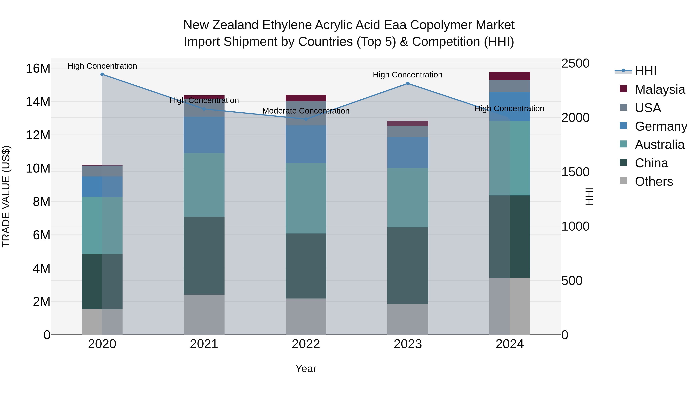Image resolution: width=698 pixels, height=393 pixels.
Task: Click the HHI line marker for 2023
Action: [x=408, y=83]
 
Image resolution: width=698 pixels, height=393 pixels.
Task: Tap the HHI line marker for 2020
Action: [x=102, y=74]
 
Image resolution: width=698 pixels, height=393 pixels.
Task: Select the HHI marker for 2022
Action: [x=306, y=119]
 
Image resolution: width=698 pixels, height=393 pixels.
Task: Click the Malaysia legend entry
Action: [x=660, y=89]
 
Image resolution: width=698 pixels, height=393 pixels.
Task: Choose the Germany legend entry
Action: [x=661, y=126]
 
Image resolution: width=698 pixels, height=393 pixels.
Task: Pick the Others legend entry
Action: [x=654, y=181]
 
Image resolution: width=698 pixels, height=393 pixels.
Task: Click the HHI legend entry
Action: [x=645, y=71]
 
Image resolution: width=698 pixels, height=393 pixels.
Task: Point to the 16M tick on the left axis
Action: [x=38, y=68]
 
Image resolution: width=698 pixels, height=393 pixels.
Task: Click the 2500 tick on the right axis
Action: [x=575, y=63]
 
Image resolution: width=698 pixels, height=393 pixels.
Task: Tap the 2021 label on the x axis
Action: [x=204, y=344]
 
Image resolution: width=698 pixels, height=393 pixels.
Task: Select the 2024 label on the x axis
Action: [x=510, y=344]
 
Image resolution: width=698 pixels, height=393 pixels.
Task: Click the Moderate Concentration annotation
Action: [x=306, y=111]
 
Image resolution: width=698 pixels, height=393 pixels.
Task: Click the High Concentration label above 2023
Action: [x=408, y=75]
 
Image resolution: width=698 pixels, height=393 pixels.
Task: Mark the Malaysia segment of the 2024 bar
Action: [x=510, y=76]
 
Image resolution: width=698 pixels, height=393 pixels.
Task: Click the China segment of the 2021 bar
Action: [x=204, y=255]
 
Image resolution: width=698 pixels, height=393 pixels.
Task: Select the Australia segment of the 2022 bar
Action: [x=306, y=198]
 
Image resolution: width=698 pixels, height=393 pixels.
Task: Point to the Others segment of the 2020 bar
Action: [x=102, y=322]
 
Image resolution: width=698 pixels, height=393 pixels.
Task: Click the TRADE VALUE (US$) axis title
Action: [x=6, y=196]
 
